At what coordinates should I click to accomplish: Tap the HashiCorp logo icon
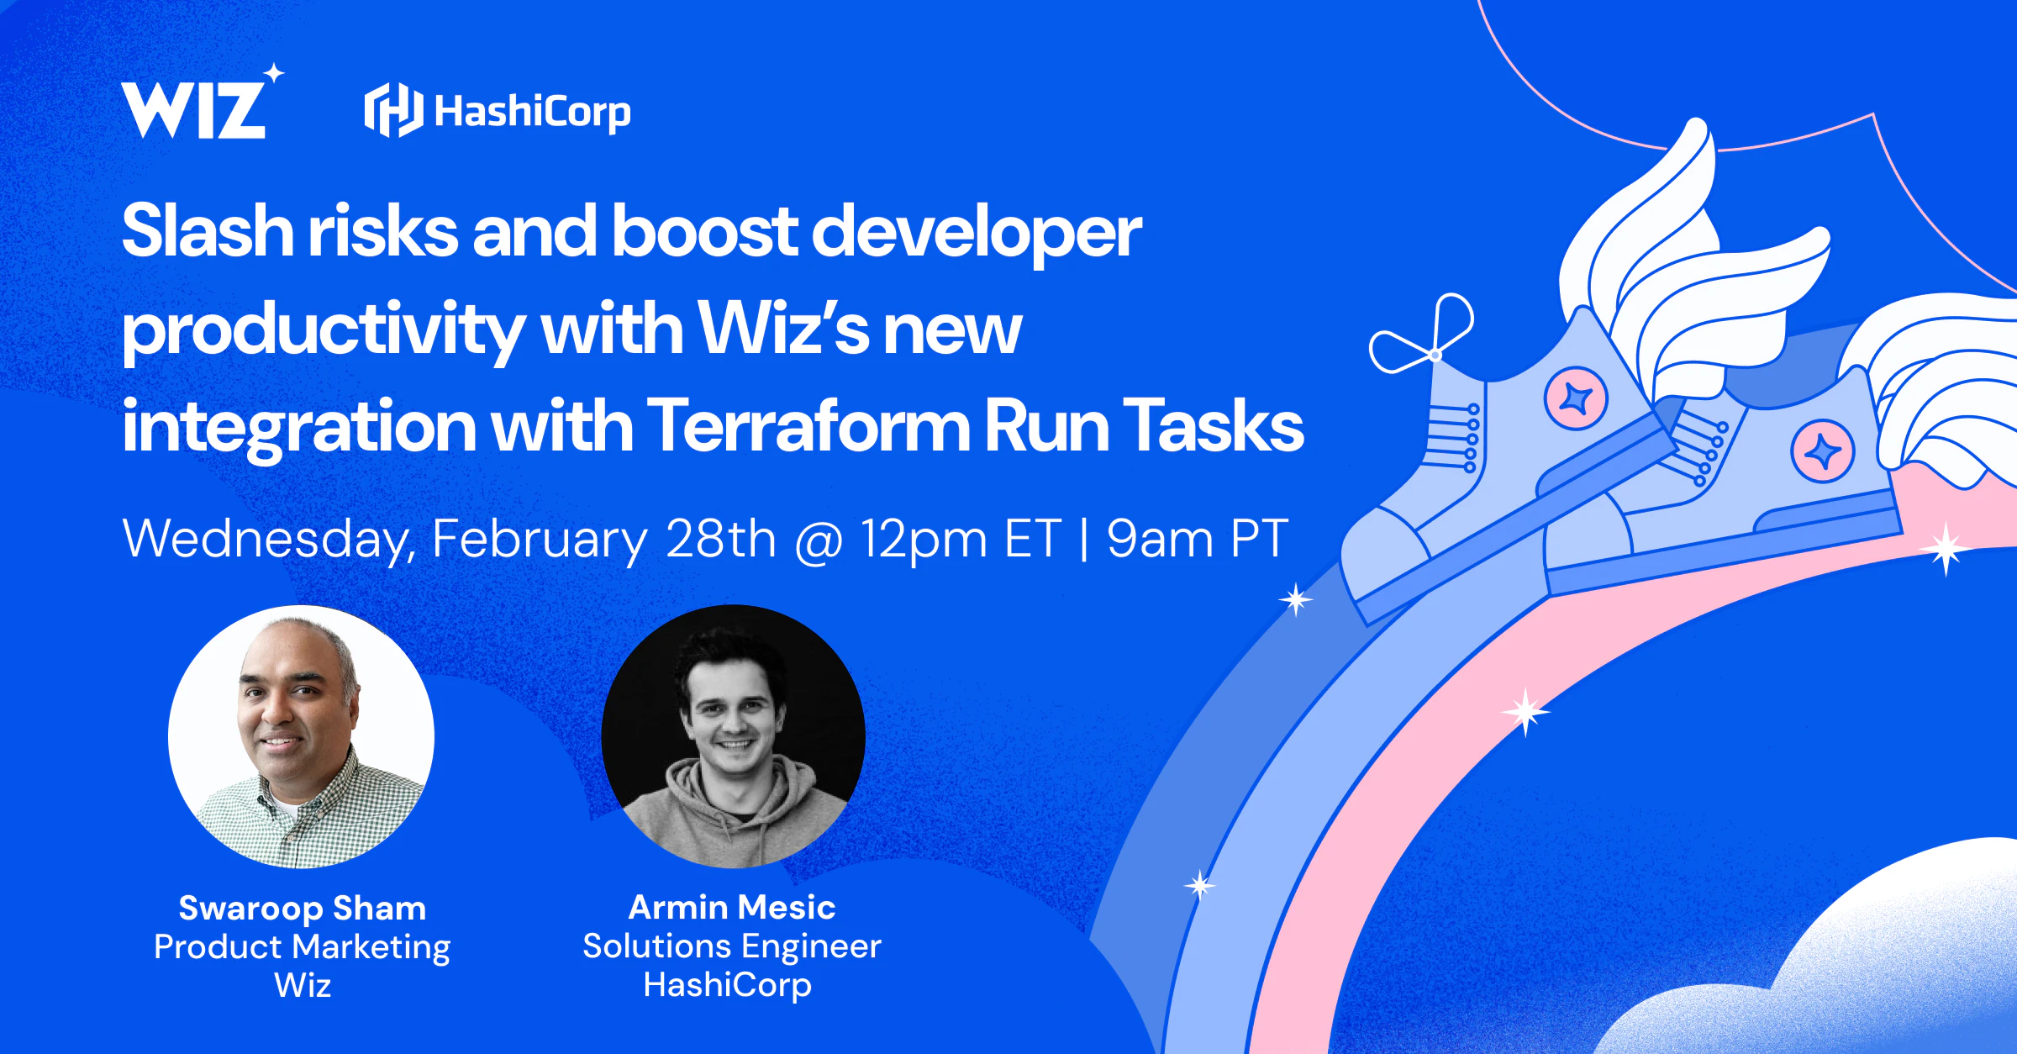tap(393, 110)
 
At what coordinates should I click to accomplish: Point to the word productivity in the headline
tap(324, 332)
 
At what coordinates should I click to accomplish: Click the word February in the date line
tap(540, 540)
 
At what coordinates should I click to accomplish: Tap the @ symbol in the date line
tap(819, 540)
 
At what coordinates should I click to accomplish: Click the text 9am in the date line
tap(1160, 539)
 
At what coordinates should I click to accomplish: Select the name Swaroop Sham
tap(303, 908)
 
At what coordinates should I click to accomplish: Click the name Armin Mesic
tap(732, 907)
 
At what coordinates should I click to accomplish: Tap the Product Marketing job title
tap(303, 947)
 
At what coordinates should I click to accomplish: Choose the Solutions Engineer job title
tap(732, 946)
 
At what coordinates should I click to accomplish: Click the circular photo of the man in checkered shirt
tap(301, 736)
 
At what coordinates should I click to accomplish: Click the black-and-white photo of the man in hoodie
tap(733, 736)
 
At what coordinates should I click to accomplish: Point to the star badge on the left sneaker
tap(1576, 398)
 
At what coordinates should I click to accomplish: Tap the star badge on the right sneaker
tap(1822, 451)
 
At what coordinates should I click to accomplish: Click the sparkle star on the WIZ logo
tap(274, 74)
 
